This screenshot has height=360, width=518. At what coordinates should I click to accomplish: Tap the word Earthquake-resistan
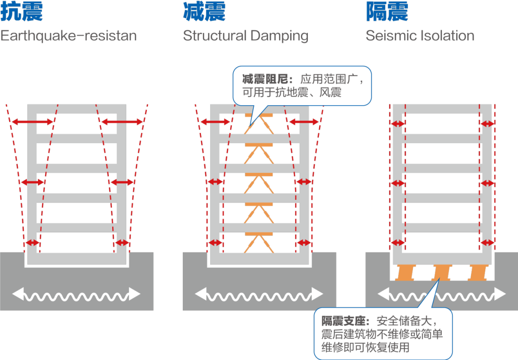[x=69, y=36]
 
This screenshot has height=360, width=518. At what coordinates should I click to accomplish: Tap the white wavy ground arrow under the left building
[x=76, y=294]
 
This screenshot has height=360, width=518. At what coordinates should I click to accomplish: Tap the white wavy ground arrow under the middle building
[x=259, y=294]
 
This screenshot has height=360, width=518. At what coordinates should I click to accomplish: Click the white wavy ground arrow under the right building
[x=442, y=294]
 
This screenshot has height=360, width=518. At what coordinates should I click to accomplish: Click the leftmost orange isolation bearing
[x=405, y=273]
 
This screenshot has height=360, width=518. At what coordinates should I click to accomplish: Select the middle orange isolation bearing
[x=442, y=273]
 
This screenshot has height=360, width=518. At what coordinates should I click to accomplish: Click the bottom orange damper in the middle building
[x=259, y=242]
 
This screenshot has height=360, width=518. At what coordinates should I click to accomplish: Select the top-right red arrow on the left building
[x=122, y=122]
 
